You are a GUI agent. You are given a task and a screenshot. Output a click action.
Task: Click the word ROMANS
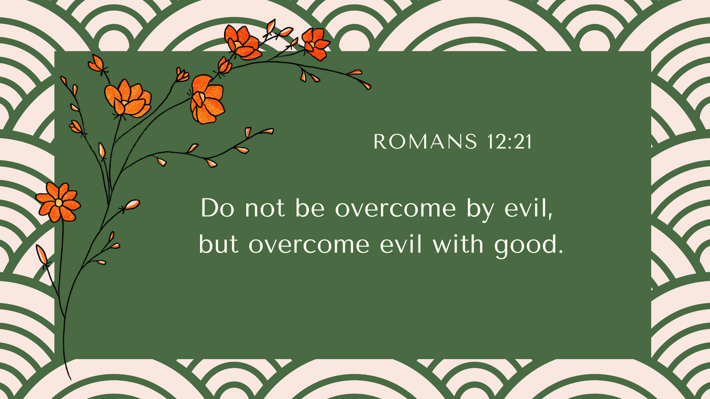(426, 141)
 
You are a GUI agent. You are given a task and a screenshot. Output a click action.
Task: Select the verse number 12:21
(509, 141)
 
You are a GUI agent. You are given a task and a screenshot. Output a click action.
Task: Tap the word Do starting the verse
(217, 208)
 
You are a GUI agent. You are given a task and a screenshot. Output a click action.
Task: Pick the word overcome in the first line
(395, 209)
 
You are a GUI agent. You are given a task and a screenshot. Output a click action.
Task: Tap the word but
(218, 244)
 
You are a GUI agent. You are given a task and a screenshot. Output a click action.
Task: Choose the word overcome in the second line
(309, 246)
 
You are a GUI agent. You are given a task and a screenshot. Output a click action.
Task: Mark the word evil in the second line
(401, 244)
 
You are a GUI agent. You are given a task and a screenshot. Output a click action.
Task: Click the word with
(458, 244)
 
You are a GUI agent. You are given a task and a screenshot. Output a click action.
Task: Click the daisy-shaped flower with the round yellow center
(58, 202)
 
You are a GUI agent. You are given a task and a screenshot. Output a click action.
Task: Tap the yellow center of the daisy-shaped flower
(58, 202)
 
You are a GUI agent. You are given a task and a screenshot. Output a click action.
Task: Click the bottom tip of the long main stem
(71, 379)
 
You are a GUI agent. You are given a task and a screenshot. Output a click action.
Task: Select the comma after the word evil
(550, 217)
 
